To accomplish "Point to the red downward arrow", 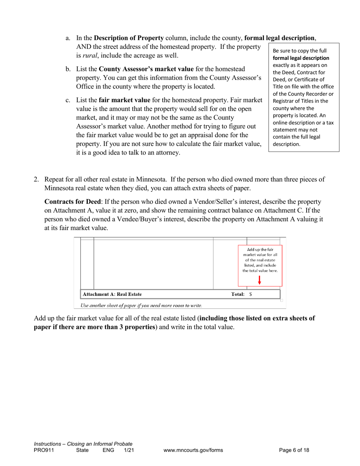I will point(260,280).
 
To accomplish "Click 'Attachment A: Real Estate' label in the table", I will point(113,294).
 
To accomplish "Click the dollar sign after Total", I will point(251,294).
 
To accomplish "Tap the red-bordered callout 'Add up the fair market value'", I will point(260,260).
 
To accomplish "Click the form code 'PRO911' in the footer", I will point(42,450).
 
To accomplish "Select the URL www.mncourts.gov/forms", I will point(193,450).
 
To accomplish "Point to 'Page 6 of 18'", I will point(294,450).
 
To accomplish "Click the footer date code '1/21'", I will point(129,450).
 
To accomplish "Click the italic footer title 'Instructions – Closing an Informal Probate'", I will point(83,444).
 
